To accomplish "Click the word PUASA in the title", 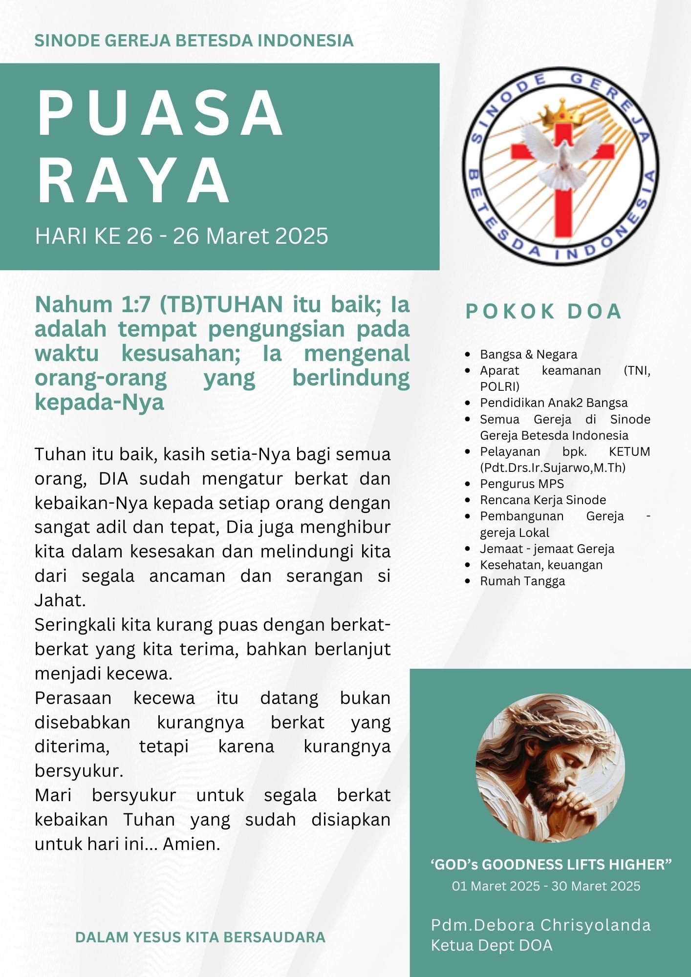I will click(x=160, y=113).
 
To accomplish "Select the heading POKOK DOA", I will click(x=543, y=312).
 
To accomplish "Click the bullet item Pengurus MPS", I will click(x=521, y=484).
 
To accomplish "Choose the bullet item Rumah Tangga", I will click(x=522, y=581).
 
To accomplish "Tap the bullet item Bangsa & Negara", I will click(x=528, y=354).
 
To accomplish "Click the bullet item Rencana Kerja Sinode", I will click(x=542, y=500).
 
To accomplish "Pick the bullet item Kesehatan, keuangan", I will click(x=541, y=565).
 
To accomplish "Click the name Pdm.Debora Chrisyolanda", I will click(x=540, y=925).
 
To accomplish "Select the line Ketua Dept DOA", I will click(x=491, y=945).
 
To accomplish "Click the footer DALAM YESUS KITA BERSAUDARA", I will click(x=200, y=937).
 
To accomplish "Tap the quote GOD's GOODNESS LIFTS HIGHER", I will click(x=551, y=864).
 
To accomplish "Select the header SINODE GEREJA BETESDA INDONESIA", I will click(x=194, y=41).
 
